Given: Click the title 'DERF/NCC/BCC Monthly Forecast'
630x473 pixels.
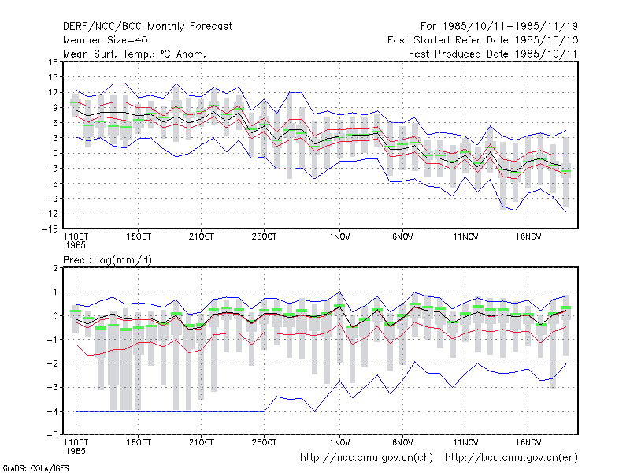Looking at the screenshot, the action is click(x=147, y=27).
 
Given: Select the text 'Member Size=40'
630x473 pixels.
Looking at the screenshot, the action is click(x=106, y=40).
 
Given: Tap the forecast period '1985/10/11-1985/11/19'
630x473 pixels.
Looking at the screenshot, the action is click(x=510, y=27).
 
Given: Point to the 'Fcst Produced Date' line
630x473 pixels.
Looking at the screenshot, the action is click(x=493, y=54).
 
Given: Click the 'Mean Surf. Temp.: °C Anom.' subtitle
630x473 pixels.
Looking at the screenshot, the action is click(x=135, y=54).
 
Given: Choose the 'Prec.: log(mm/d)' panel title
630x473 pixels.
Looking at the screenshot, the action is click(x=107, y=260).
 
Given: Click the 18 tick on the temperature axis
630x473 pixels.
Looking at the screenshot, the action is click(x=53, y=62).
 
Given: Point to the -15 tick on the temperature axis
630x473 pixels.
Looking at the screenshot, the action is click(x=50, y=229).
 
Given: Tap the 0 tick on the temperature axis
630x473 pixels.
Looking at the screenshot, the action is click(x=55, y=153).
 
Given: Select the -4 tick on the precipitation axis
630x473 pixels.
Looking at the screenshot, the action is click(x=52, y=411).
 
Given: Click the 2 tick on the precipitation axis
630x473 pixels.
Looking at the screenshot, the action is click(x=55, y=268).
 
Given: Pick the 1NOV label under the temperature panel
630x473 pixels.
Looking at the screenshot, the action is click(x=340, y=237).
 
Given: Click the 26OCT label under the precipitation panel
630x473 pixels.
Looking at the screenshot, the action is click(x=264, y=442).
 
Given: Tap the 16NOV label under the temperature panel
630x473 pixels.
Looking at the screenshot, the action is click(x=528, y=237).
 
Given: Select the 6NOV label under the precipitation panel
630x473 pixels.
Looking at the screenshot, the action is click(x=402, y=442).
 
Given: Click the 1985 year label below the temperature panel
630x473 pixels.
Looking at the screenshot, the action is click(x=76, y=245).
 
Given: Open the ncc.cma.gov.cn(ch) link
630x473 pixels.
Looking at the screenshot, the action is click(x=366, y=458).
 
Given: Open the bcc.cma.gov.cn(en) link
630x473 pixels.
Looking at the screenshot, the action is click(x=511, y=458).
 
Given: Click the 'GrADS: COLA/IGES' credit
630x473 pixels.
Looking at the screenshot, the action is click(x=35, y=468).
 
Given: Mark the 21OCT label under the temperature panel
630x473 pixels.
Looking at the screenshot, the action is click(x=202, y=237).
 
